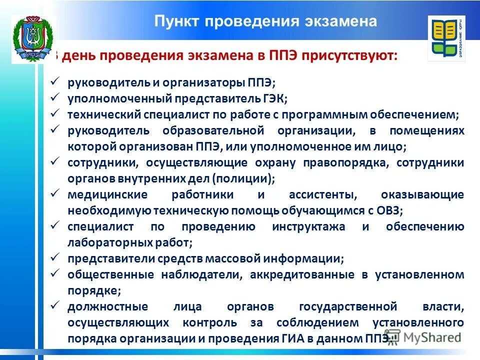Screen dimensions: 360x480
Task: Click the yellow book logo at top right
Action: pyautogui.click(x=446, y=38)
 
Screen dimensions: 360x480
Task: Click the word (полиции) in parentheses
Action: pyautogui.click(x=242, y=178)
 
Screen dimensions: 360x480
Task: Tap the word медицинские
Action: pyautogui.click(x=107, y=194)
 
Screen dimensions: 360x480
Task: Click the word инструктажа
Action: pyautogui.click(x=308, y=226)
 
